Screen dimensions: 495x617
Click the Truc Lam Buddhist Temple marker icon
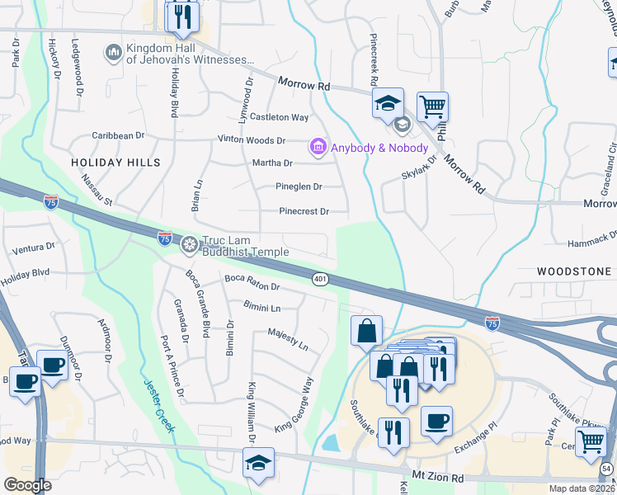point(190,244)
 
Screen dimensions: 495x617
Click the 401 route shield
point(321,280)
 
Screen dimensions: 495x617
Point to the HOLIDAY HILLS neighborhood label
point(113,163)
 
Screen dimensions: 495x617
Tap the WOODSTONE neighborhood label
point(574,271)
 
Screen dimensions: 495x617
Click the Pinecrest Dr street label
point(304,212)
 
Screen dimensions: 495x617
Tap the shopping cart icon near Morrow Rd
point(432,106)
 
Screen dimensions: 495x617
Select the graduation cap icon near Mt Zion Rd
point(258,463)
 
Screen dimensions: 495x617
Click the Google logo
point(27,485)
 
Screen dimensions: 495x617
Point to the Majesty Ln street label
point(288,338)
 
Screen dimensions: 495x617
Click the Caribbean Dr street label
point(118,135)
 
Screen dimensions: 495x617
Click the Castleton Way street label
point(280,118)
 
